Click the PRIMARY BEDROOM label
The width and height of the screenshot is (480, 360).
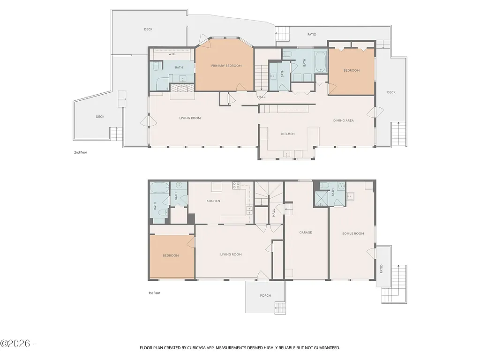226,66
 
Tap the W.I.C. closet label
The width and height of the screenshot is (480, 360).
172,54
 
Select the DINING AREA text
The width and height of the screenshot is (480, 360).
343,120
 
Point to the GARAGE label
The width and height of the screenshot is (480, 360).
306,232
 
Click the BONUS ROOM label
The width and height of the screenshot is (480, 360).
353,233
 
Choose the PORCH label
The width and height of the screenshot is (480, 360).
265,296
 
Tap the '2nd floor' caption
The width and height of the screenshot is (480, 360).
81,152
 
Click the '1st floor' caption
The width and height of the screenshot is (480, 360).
154,293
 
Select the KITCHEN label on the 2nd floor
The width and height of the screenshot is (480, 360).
288,134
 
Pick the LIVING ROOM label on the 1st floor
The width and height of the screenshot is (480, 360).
231,255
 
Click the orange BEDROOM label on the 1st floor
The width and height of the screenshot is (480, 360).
171,255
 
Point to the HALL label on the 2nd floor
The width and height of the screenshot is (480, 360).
261,97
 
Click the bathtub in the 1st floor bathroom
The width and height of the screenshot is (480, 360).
156,188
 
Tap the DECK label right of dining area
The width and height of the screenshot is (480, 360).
391,92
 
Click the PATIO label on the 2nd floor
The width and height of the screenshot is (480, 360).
312,35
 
